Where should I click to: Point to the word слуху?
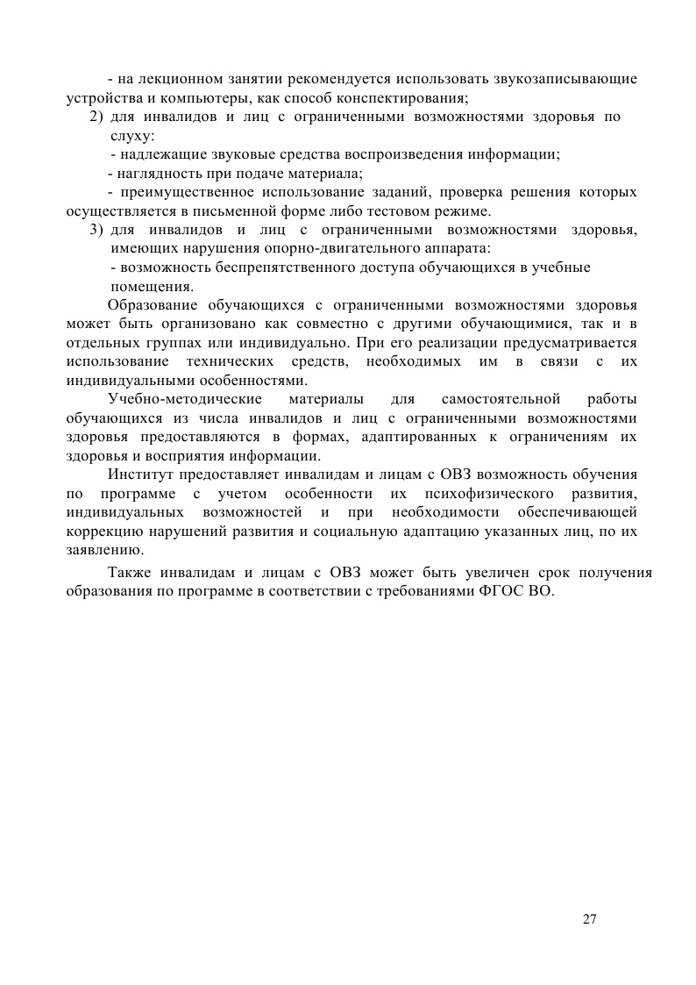point(132,136)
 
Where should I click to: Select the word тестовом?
point(405,211)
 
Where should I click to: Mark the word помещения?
point(152,287)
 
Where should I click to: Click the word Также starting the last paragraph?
point(131,573)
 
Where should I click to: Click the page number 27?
point(589,919)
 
